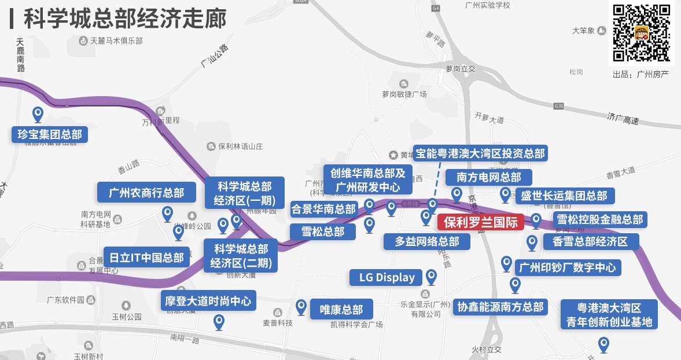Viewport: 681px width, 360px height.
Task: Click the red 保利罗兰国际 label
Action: [480, 222]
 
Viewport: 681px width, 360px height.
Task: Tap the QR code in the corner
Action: [642, 33]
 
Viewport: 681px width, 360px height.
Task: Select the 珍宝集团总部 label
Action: [50, 135]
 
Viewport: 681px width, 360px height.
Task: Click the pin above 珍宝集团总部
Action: [38, 114]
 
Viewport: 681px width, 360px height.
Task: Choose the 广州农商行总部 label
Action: [146, 192]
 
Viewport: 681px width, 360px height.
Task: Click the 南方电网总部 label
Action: [489, 177]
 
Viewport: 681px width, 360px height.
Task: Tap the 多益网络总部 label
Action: [428, 241]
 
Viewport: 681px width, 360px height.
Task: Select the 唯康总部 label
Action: [341, 308]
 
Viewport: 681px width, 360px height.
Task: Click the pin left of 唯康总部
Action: [300, 307]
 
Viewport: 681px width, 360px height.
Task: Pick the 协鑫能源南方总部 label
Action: [500, 307]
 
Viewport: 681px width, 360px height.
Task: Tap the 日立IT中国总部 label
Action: [147, 256]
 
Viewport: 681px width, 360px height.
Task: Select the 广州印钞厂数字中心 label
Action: [568, 267]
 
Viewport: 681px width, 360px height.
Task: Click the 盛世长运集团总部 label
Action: [564, 196]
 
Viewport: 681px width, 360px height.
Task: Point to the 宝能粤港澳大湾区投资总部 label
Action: [480, 153]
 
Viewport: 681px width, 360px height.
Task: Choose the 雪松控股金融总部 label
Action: [599, 220]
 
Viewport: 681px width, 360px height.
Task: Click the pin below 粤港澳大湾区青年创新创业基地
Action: [603, 344]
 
